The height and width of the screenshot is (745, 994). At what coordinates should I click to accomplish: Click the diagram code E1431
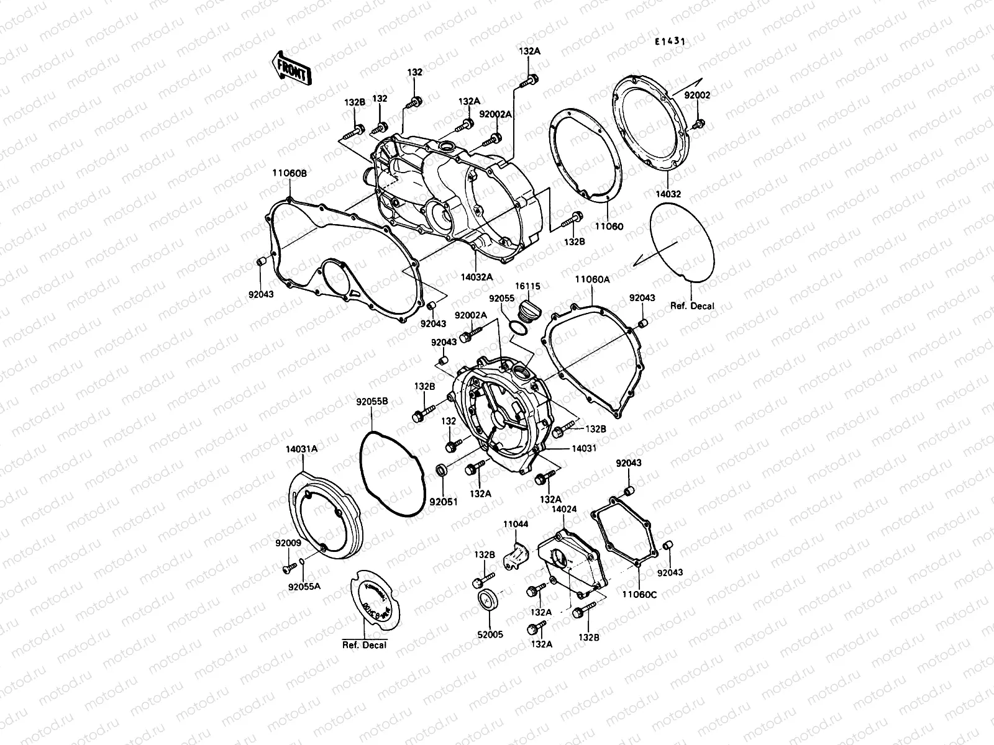670,42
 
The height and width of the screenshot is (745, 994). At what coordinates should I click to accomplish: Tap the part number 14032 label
668,194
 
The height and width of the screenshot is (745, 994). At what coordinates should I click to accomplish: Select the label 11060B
288,174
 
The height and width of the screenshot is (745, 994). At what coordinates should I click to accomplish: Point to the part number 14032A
478,277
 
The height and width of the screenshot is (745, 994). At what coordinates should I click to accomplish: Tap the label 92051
444,502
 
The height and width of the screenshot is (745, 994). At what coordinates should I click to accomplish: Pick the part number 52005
490,634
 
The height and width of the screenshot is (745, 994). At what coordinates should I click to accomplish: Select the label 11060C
638,594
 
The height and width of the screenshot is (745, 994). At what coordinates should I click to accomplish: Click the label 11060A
592,280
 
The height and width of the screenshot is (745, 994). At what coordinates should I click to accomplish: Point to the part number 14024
565,509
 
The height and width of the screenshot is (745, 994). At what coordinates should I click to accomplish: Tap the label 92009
288,542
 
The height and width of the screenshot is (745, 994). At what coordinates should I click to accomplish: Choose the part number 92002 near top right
697,95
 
